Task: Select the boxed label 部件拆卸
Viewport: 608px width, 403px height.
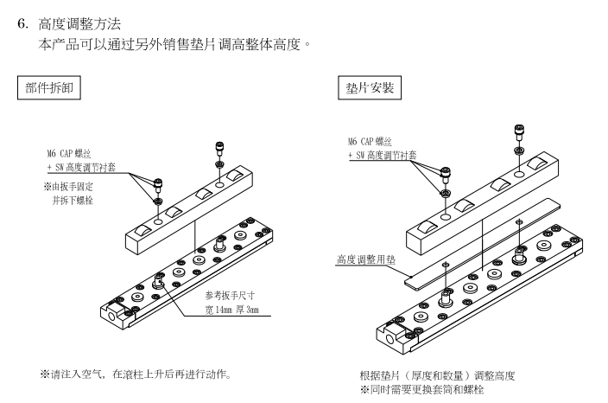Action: [49, 89]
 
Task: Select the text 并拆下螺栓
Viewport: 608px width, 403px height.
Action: [77, 199]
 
